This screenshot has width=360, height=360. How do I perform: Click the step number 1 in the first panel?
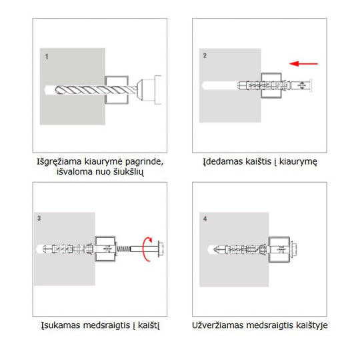[47, 57]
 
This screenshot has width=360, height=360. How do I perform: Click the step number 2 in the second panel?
[205, 55]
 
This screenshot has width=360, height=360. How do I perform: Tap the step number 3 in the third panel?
[39, 218]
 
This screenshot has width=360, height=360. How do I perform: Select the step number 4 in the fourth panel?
[205, 219]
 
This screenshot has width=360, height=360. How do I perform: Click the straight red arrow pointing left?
[303, 63]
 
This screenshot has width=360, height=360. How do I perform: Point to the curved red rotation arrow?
[144, 249]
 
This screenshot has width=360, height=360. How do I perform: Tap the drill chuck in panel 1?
[149, 90]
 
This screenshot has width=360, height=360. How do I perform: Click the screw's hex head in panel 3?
[161, 249]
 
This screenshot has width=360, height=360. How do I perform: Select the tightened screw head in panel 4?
[293, 249]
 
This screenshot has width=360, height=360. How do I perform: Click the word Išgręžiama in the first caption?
[59, 161]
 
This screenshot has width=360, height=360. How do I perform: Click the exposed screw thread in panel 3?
[123, 249]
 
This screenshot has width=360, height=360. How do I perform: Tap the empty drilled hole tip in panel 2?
[204, 85]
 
